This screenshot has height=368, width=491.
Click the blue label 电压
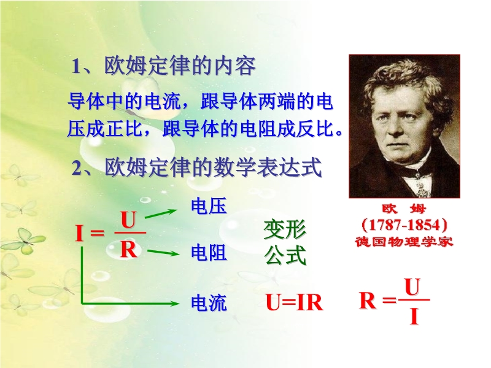click(209, 206)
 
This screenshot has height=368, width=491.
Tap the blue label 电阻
click(209, 253)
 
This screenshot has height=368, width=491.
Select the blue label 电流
click(209, 303)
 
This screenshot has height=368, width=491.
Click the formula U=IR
click(295, 302)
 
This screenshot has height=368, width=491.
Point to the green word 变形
click(285, 229)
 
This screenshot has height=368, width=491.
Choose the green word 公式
click(285, 255)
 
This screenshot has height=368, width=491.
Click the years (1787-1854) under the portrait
click(404, 224)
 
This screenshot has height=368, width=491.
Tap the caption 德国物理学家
click(404, 242)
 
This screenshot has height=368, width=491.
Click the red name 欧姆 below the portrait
click(404, 209)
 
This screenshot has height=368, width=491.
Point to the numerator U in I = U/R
click(128, 220)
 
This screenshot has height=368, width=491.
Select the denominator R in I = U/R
click(128, 250)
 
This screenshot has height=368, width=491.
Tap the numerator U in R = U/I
click(412, 287)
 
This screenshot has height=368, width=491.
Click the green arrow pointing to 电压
click(161, 213)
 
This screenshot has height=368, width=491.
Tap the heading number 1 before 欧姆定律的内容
click(76, 66)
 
